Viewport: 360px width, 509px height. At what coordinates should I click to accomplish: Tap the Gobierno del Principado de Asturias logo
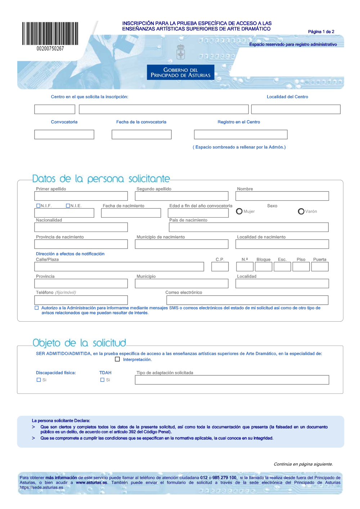pos(180,72)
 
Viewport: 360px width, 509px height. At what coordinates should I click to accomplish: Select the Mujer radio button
pos(239,212)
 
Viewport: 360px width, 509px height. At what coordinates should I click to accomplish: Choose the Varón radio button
pos(301,212)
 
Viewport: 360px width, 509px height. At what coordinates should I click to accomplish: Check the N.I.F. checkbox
pos(38,206)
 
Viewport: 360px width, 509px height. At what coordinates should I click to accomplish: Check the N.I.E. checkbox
pos(68,206)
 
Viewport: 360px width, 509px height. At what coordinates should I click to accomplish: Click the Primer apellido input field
pos(81,196)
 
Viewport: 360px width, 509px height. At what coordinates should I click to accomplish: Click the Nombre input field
pos(282,196)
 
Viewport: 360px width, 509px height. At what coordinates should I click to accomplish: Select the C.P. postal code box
pos(220,267)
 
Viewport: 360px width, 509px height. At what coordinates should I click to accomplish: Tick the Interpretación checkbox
pos(117,359)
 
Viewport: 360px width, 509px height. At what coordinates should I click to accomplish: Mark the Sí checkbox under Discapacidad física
pos(39,380)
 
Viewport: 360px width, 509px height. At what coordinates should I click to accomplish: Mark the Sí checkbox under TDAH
pos(102,380)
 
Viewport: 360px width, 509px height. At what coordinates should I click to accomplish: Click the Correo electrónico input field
pos(247,300)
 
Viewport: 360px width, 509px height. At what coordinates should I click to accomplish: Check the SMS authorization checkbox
pos(37,308)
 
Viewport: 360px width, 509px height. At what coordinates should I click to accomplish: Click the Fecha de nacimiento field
pos(131,213)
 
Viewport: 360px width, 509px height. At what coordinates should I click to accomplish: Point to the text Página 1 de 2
pos(321,32)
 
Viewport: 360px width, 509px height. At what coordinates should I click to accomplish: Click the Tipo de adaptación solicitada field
pos(232,380)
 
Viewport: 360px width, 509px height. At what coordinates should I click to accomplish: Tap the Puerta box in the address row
pos(320,267)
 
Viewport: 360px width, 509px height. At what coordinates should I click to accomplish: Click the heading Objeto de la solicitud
pos(79,343)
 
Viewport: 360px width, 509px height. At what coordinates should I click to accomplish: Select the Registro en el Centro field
pos(240,135)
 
